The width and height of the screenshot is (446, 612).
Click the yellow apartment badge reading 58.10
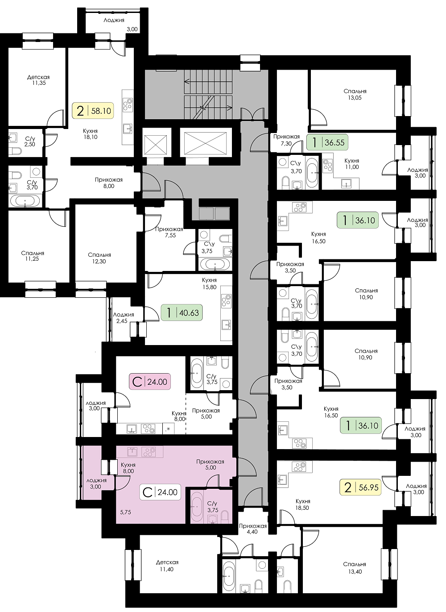[92, 111]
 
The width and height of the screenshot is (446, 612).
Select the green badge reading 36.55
[327, 142]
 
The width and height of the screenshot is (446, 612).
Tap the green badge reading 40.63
[182, 312]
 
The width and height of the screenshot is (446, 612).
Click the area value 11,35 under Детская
[38, 83]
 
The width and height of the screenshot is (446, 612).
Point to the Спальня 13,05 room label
[355, 95]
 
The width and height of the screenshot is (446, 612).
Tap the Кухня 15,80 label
[209, 283]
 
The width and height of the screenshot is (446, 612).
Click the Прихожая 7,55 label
[169, 232]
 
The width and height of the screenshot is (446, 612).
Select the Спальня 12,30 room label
[99, 258]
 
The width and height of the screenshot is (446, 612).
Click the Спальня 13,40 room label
[355, 568]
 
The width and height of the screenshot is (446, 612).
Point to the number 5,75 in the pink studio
[126, 512]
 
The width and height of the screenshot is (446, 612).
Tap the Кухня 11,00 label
[352, 164]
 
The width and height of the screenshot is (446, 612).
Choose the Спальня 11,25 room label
[33, 256]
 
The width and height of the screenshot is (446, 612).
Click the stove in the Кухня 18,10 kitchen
[128, 104]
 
